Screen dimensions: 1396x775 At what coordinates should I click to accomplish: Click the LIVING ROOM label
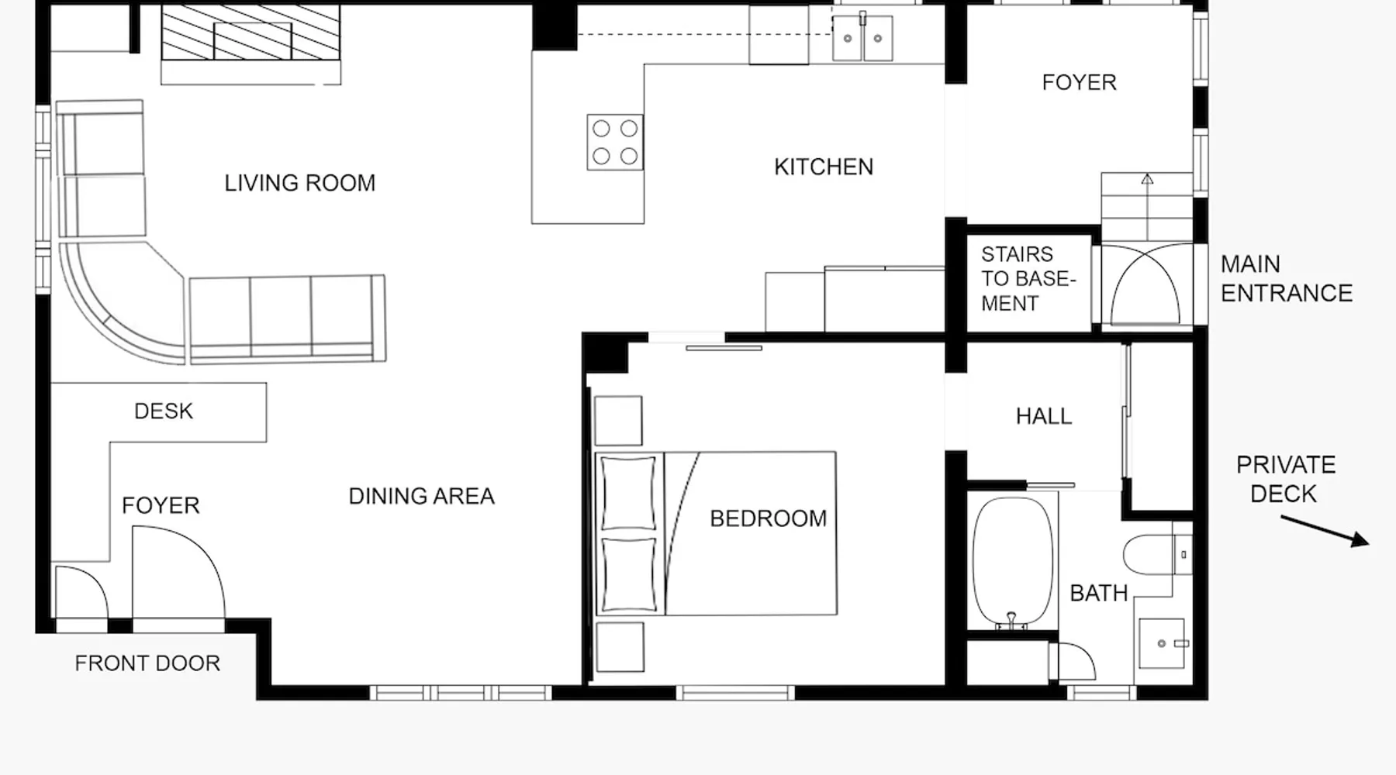300,183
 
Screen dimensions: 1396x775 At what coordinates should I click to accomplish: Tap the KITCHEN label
824,167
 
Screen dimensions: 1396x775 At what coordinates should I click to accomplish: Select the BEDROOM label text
769,518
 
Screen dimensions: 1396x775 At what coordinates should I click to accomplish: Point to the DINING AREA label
421,496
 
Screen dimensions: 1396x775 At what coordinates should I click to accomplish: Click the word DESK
163,411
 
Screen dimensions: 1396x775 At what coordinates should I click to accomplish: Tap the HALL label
1044,416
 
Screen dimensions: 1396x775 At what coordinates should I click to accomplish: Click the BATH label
1098,593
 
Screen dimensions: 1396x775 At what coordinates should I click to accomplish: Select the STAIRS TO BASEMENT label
1028,279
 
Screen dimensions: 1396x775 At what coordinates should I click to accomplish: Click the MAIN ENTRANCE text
1286,278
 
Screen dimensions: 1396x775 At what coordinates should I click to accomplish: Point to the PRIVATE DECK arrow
1325,531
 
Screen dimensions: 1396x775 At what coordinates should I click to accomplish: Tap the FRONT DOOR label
147,663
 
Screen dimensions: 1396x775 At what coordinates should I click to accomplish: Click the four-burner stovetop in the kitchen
615,142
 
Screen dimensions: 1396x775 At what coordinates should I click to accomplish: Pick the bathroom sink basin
1162,643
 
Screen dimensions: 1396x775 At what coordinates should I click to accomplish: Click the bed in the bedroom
716,533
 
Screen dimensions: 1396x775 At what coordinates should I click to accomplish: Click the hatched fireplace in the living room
251,33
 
